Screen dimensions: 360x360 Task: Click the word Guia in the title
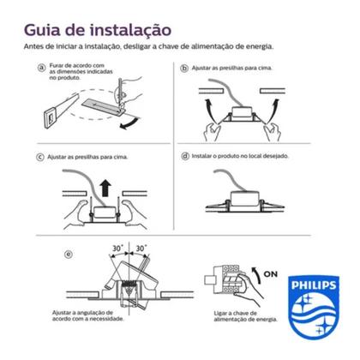coord(42,30)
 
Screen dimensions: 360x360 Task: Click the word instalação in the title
coord(130,30)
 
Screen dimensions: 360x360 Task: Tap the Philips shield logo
coord(313,307)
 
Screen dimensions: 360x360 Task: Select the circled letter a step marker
coord(42,68)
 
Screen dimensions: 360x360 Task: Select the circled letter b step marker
coord(184,69)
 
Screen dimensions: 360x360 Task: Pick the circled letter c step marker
coord(40,157)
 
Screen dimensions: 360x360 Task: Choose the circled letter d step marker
coord(185,156)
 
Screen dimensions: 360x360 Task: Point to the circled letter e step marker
coord(68,255)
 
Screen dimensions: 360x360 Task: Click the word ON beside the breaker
coord(270,274)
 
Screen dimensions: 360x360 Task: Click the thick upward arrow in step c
coord(106,188)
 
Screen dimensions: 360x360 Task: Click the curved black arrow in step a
coord(130,123)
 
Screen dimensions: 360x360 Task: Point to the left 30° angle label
coord(117,249)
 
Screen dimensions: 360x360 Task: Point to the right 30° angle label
coord(141,249)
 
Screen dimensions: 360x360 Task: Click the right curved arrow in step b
coord(273,110)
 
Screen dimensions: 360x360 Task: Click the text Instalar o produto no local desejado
coord(240,156)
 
